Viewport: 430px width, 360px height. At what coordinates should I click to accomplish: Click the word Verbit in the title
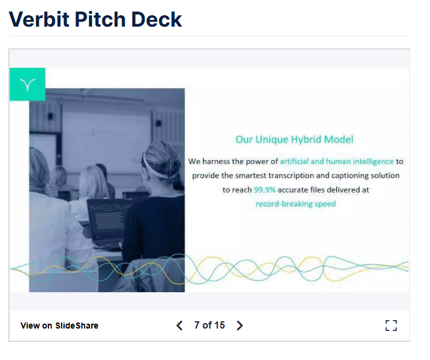pyautogui.click(x=39, y=19)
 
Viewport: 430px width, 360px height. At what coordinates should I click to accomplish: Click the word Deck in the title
pyautogui.click(x=156, y=19)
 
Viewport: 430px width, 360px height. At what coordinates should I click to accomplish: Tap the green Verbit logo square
pyautogui.click(x=27, y=84)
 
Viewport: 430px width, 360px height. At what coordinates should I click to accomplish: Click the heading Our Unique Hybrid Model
pyautogui.click(x=295, y=139)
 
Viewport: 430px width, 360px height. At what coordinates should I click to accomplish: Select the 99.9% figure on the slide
pyautogui.click(x=264, y=189)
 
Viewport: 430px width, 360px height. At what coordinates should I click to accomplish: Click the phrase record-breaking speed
pyautogui.click(x=296, y=204)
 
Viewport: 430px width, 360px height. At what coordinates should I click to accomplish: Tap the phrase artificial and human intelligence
pyautogui.click(x=337, y=162)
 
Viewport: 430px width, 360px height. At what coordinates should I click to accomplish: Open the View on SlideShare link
pyautogui.click(x=59, y=326)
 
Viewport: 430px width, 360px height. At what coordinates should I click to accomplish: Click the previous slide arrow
pyautogui.click(x=180, y=326)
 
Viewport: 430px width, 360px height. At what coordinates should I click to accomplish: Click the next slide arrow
pyautogui.click(x=239, y=326)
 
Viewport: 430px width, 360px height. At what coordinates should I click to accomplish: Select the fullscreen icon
pyautogui.click(x=391, y=326)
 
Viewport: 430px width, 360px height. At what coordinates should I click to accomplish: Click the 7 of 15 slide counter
pyautogui.click(x=209, y=325)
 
